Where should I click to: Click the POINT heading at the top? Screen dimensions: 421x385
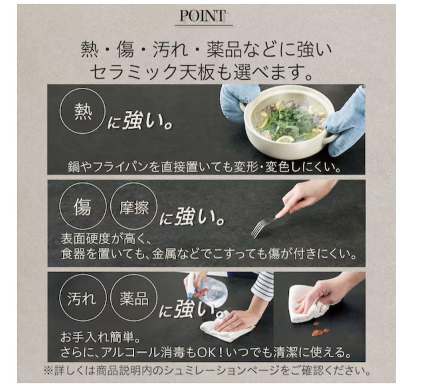click(x=202, y=16)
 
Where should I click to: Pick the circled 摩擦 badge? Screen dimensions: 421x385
click(x=134, y=207)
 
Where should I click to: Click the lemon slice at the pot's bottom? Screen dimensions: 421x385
click(x=285, y=139)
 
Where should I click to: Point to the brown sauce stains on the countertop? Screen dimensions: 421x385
click(x=321, y=330)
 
